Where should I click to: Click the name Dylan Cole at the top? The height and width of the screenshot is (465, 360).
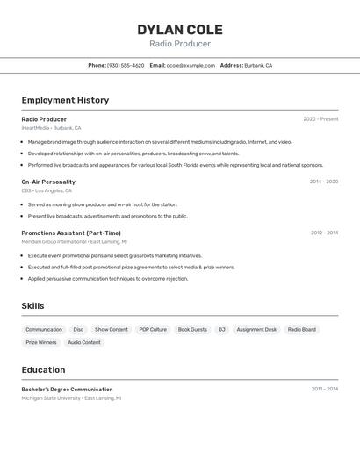pyautogui.click(x=179, y=30)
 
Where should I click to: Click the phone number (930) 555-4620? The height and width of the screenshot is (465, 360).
pyautogui.click(x=126, y=65)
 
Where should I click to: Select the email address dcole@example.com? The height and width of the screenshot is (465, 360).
pyautogui.click(x=191, y=65)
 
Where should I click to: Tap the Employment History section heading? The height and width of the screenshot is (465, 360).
pyautogui.click(x=65, y=100)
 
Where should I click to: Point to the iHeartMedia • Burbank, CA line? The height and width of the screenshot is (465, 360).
pyautogui.click(x=51, y=128)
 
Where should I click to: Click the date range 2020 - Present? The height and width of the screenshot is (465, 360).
pyautogui.click(x=320, y=119)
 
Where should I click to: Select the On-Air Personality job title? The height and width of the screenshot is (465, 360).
pyautogui.click(x=48, y=182)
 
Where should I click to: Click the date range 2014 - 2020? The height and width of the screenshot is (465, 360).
pyautogui.click(x=323, y=182)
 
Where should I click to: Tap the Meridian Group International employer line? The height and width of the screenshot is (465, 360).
pyautogui.click(x=74, y=241)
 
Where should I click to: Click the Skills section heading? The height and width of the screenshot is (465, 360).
pyautogui.click(x=32, y=306)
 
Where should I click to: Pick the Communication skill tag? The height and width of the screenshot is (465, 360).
pyautogui.click(x=44, y=330)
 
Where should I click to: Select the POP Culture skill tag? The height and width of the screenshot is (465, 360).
pyautogui.click(x=153, y=330)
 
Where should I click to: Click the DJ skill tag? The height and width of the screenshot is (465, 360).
pyautogui.click(x=222, y=330)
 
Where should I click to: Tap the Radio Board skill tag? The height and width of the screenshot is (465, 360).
pyautogui.click(x=301, y=330)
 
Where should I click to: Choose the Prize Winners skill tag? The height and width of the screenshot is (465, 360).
pyautogui.click(x=41, y=343)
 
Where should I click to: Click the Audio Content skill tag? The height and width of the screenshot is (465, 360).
pyautogui.click(x=84, y=343)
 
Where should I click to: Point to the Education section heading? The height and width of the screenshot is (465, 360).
pyautogui.click(x=43, y=370)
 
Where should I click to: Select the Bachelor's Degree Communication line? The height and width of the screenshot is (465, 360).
pyautogui.click(x=67, y=389)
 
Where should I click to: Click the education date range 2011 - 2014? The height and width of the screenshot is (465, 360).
pyautogui.click(x=324, y=389)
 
